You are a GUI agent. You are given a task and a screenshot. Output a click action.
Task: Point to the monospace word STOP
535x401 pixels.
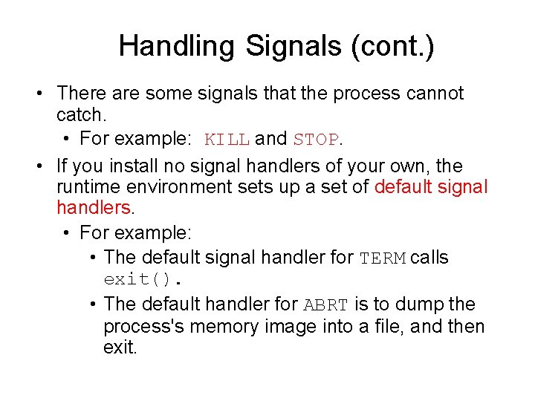click(316, 140)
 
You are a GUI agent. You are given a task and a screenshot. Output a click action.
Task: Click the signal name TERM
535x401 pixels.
click(383, 258)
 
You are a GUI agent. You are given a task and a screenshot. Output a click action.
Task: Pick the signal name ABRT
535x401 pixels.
click(326, 305)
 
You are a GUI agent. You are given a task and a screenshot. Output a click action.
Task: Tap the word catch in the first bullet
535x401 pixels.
click(79, 117)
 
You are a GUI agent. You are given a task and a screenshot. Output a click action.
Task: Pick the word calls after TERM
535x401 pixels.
click(429, 258)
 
